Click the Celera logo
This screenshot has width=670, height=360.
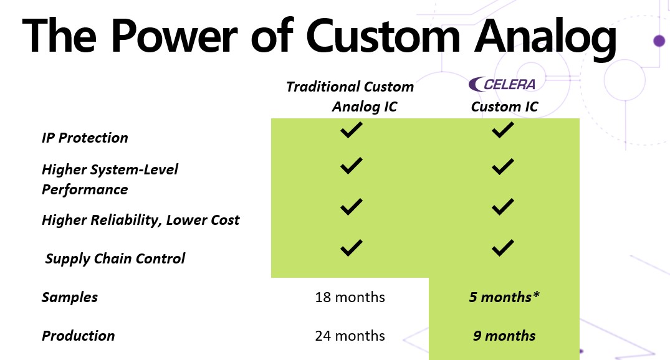502,84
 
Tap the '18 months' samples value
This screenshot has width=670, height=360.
350,297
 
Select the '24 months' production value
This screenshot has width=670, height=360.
350,336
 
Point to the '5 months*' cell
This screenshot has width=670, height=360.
504,297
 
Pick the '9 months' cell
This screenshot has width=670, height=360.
504,336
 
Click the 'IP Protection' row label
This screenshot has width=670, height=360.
85,138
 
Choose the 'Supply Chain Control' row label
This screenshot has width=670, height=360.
115,259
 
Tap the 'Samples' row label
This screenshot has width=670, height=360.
70,298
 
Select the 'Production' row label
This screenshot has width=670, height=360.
78,336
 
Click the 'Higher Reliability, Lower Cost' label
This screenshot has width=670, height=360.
141,220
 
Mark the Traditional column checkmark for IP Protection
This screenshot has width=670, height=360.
352,130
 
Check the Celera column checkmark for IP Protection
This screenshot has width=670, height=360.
503,130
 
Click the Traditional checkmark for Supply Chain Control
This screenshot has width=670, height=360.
352,248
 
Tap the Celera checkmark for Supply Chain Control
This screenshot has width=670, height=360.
503,248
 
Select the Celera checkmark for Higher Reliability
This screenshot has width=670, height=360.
503,207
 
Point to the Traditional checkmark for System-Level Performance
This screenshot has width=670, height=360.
352,166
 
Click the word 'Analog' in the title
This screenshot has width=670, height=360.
545,37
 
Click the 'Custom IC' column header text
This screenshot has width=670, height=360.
504,107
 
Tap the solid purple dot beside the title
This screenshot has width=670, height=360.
659,40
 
